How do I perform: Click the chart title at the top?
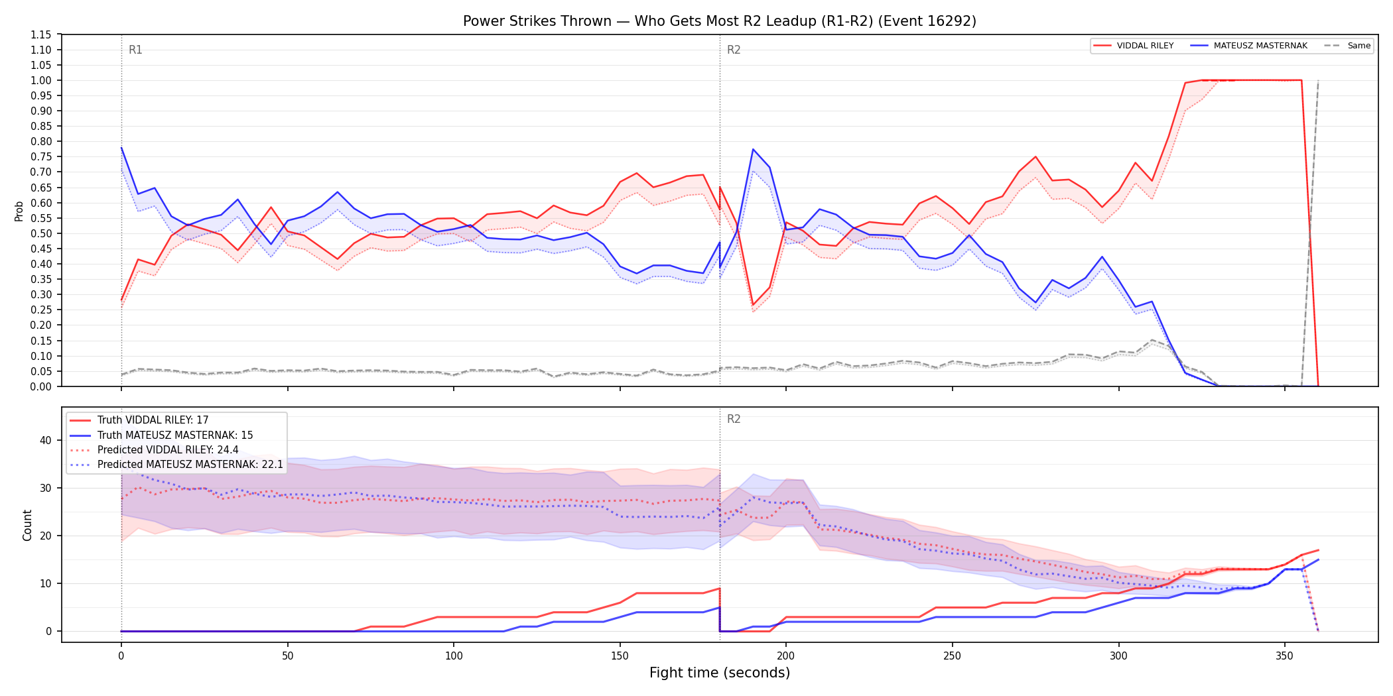[x=720, y=21]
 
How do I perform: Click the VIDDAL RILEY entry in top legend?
[x=1134, y=46]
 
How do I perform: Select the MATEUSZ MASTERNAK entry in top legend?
[x=1249, y=46]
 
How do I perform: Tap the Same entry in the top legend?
[x=1347, y=46]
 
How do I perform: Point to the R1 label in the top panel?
[x=135, y=50]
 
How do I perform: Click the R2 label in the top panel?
[x=734, y=50]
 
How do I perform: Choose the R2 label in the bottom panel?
[x=734, y=419]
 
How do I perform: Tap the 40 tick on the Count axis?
[x=45, y=440]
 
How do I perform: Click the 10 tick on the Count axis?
[x=45, y=583]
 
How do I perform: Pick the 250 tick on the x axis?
[x=952, y=656]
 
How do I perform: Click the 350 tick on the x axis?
[x=1285, y=656]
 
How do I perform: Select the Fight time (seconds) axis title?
[x=720, y=673]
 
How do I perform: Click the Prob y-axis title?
[x=19, y=211]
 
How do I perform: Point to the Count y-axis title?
[x=27, y=525]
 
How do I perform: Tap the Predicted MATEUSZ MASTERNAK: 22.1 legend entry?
[x=176, y=464]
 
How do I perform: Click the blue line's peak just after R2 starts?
[x=753, y=149]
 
